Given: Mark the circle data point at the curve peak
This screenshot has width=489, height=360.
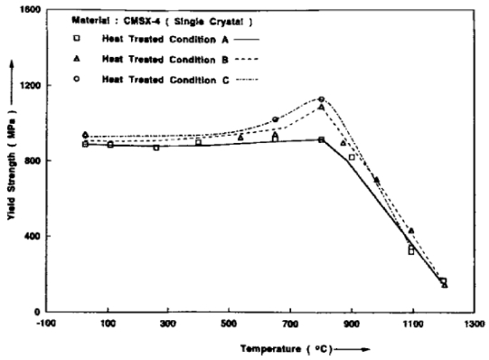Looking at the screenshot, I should [322, 99].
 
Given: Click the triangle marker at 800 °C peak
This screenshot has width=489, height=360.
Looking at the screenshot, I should [322, 108].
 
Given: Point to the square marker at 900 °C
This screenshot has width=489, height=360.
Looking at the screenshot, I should [353, 157].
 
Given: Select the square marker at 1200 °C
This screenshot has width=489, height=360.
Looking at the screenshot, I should [443, 281].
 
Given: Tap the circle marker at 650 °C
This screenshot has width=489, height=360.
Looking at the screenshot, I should [276, 119].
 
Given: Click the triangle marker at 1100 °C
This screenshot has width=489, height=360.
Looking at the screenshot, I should [412, 232].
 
